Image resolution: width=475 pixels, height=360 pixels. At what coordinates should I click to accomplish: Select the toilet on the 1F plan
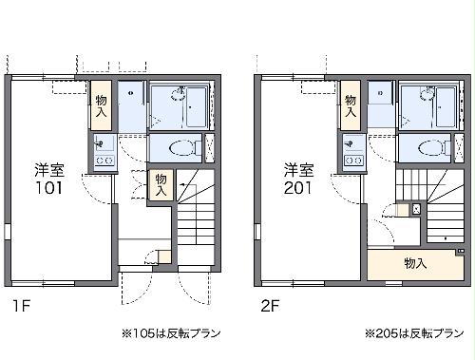180,147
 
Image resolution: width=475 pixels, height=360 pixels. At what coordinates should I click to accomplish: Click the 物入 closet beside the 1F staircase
161,185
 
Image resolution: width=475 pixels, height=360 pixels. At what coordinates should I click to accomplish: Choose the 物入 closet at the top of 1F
102,104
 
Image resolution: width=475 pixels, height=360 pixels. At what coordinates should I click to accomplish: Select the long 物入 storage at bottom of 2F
414,263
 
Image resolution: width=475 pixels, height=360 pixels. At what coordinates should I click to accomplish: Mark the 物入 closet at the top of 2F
351,105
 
